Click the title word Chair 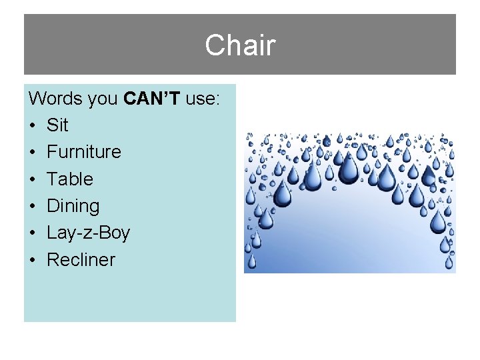(x=240, y=45)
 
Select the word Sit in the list (x=57, y=125)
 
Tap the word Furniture (x=84, y=152)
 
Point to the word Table (x=70, y=179)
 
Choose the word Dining (x=73, y=206)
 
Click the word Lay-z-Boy (x=88, y=233)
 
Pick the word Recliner (x=81, y=259)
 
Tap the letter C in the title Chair (x=216, y=45)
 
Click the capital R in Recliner (x=53, y=259)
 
